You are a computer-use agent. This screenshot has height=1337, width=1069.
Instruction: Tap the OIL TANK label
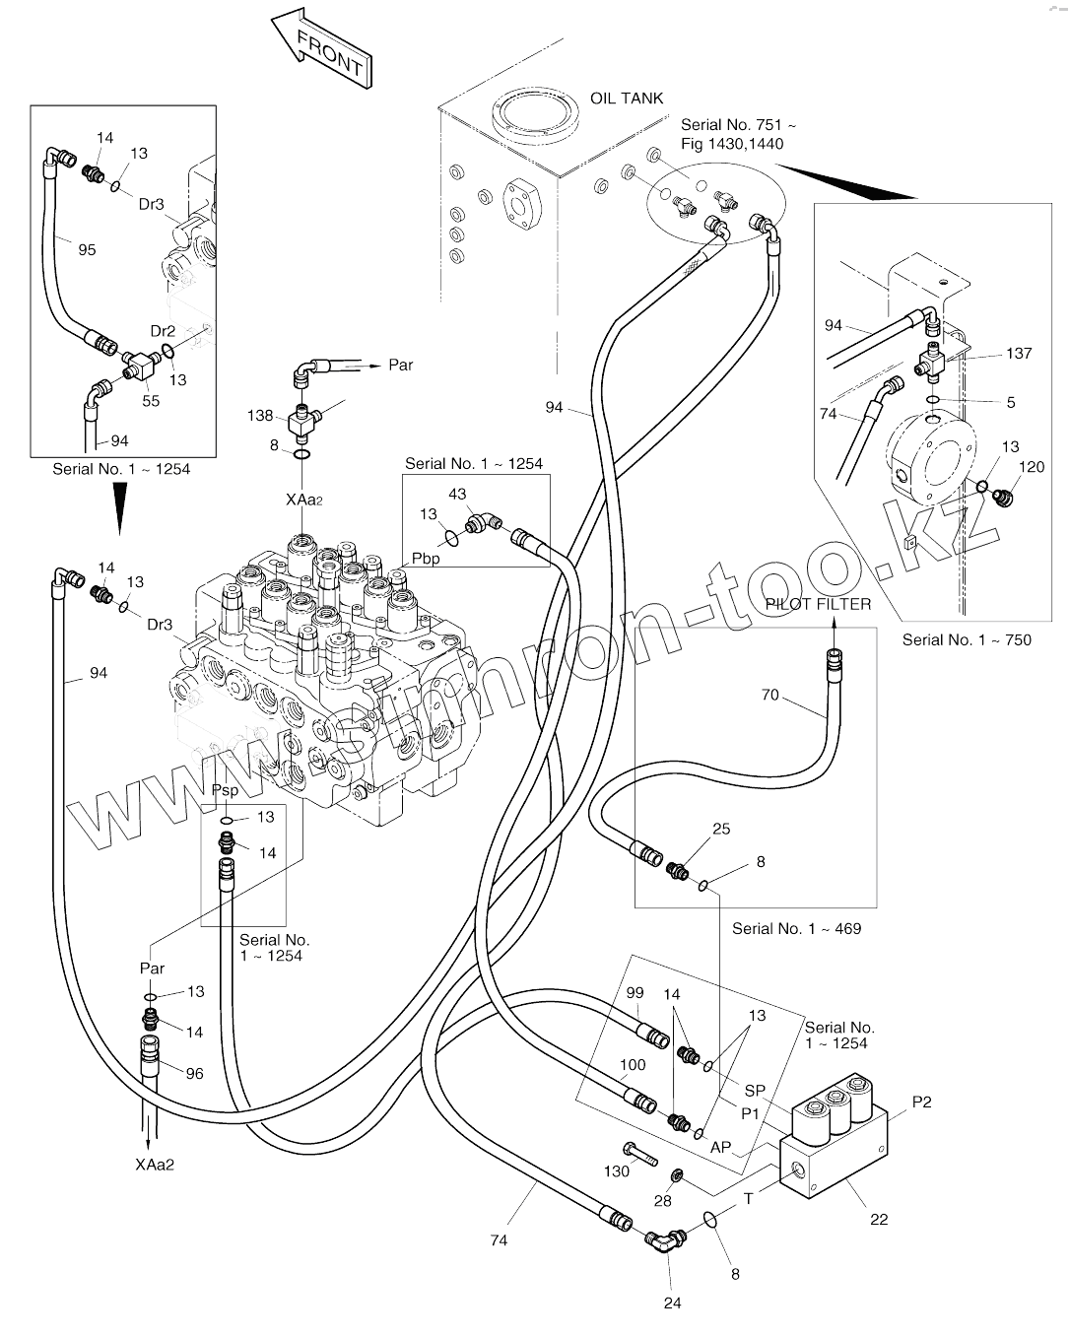(x=627, y=99)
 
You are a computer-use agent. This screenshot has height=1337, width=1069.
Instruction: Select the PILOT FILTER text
(x=819, y=603)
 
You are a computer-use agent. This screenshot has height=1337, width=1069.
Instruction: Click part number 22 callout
(x=879, y=1219)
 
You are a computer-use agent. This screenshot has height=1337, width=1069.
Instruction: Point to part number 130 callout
(x=617, y=1170)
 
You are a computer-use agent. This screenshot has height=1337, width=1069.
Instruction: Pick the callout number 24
(x=673, y=1303)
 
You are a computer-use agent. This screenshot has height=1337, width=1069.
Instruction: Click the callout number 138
(x=260, y=416)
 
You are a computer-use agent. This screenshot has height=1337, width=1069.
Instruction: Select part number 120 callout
(x=1031, y=467)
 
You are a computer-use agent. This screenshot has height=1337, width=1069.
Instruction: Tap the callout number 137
(x=1019, y=353)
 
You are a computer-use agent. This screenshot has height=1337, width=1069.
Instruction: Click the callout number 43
(x=457, y=494)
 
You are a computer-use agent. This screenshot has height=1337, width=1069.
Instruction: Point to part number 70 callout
(x=769, y=695)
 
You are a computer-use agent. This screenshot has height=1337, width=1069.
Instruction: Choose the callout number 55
(x=151, y=402)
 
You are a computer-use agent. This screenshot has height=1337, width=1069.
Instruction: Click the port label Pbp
(x=426, y=559)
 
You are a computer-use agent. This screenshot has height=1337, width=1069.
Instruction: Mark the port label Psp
(x=225, y=790)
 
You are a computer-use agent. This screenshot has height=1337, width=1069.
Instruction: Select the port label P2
(x=921, y=1102)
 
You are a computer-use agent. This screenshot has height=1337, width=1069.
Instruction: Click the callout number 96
(x=194, y=1073)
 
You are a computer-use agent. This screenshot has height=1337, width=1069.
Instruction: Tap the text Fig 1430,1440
(x=732, y=144)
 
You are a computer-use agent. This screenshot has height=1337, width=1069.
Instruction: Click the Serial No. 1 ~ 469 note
(x=796, y=928)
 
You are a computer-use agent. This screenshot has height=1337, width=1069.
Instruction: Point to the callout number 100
(x=633, y=1065)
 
